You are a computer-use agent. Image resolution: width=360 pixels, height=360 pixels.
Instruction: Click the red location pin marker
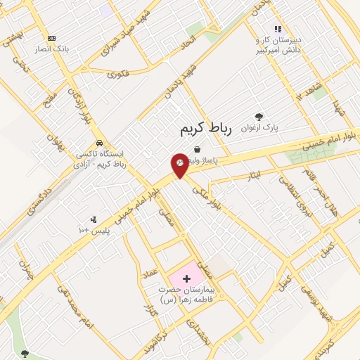180,165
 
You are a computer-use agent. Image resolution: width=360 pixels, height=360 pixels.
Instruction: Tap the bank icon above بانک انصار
51,38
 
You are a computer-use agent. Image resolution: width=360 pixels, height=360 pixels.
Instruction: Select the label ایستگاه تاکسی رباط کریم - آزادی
99,159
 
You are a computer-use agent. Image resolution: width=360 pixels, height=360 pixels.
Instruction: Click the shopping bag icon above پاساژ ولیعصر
196,150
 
